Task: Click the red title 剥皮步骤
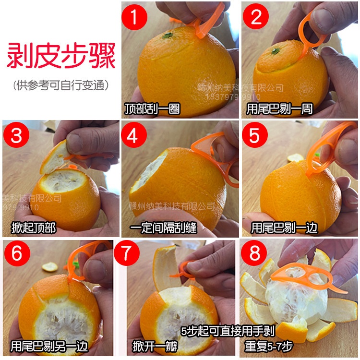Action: [60, 57]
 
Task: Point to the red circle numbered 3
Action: [16, 136]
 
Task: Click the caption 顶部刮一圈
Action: [152, 109]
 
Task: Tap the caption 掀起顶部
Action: [34, 228]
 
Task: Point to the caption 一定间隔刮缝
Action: [163, 228]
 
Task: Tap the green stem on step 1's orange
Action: [168, 35]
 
